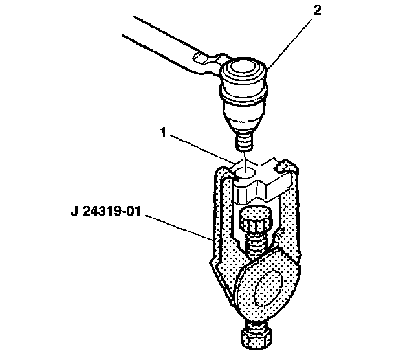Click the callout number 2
317,10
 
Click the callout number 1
164,133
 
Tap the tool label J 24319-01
106,212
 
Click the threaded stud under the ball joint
243,142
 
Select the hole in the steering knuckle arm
245,174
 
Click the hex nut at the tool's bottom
255,337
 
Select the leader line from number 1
202,150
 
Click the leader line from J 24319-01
179,228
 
